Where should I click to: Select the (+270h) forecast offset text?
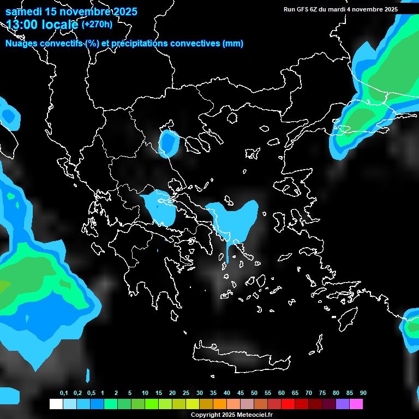pyautogui.click(x=97, y=24)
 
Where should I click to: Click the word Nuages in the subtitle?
pyautogui.click(x=21, y=44)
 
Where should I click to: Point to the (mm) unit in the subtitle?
pyautogui.click(x=233, y=44)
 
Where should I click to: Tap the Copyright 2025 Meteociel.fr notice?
pyautogui.click(x=231, y=415)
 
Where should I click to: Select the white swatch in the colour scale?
pyautogui.click(x=56, y=404)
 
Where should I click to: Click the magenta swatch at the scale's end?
pyautogui.click(x=356, y=404)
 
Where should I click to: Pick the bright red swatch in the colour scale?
pyautogui.click(x=288, y=404)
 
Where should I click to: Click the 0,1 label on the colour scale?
pyautogui.click(x=64, y=393)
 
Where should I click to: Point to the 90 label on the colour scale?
pyautogui.click(x=363, y=393)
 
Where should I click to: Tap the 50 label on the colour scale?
pyautogui.click(x=254, y=393)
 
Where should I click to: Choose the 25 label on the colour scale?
pyautogui.click(x=186, y=393)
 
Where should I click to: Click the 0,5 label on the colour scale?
pyautogui.click(x=91, y=393)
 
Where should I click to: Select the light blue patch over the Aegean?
pyautogui.click(x=235, y=218)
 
